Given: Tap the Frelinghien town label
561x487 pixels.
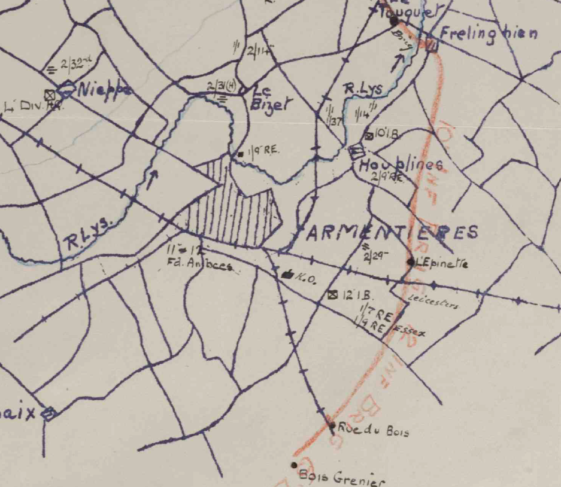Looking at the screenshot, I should pos(488,34).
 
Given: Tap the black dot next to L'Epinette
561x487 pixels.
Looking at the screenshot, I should pos(411,261).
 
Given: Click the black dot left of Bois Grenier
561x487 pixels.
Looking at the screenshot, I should pos(294,465).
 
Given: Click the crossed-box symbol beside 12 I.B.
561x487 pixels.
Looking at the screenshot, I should pos(333,294).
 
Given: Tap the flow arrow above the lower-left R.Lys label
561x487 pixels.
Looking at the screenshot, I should pos(152,178).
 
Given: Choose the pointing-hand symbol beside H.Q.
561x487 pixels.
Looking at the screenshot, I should pos(287,275).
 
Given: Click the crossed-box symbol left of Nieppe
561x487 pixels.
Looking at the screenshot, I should pos(50,94).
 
